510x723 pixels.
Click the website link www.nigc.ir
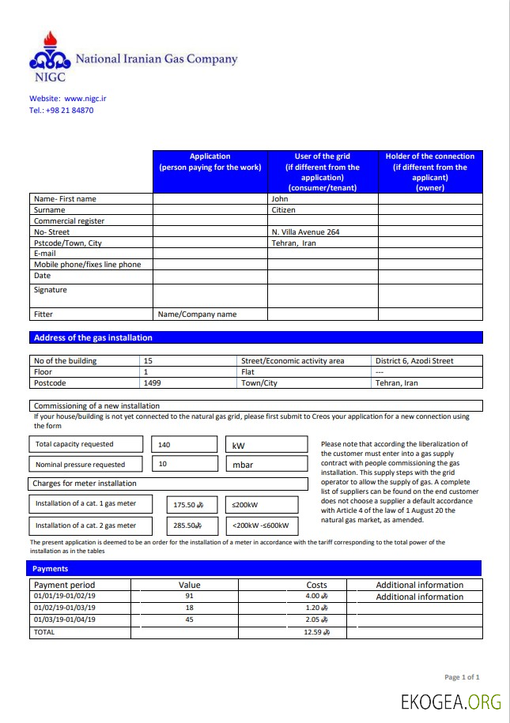tap(85, 99)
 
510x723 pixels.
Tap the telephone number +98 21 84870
tap(73, 111)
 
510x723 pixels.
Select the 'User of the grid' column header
tap(322, 171)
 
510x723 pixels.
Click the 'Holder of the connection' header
tap(430, 171)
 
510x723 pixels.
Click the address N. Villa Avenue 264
tap(305, 232)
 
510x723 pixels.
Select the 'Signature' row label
tap(51, 290)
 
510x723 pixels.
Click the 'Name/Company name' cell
tap(197, 314)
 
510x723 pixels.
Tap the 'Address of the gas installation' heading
tap(93, 337)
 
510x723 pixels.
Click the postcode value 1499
tap(152, 382)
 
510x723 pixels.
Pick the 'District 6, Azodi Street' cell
tap(414, 361)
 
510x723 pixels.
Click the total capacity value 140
tap(164, 445)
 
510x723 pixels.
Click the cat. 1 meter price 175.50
tap(188, 505)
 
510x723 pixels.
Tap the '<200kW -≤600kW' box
tap(261, 525)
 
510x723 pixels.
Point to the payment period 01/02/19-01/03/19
tap(64, 608)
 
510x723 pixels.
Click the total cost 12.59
tap(315, 632)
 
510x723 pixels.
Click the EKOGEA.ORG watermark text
tap(451, 702)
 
